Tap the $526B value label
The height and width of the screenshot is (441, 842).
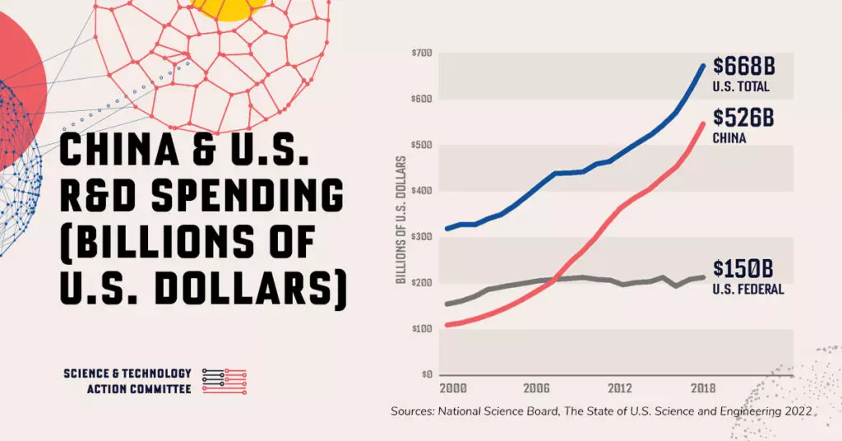[x=743, y=118]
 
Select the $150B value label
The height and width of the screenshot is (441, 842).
[x=743, y=270]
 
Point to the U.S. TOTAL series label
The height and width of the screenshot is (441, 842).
[x=741, y=86]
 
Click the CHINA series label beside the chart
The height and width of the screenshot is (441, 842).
[x=729, y=138]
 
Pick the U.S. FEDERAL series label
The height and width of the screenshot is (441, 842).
[x=748, y=290]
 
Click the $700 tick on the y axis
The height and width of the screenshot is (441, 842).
[x=422, y=53]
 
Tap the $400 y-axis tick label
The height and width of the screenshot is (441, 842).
[x=422, y=191]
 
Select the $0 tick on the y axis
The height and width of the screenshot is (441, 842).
[x=427, y=374]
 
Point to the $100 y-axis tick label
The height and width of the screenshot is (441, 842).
[x=422, y=329]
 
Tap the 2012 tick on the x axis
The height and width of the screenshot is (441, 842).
[x=619, y=388]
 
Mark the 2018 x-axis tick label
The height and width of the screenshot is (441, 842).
[x=702, y=388]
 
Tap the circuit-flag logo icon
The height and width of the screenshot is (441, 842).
[x=224, y=380]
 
